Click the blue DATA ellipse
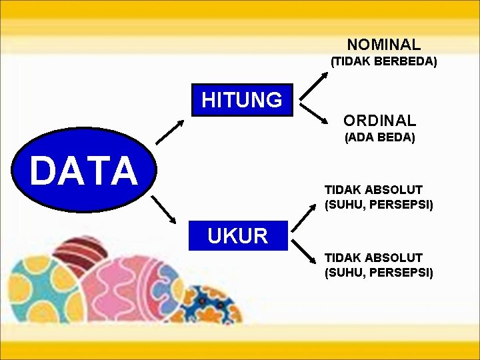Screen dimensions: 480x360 pyautogui.click(x=83, y=171)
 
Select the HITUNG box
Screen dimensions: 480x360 pyautogui.click(x=242, y=101)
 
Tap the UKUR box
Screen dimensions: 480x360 pyautogui.click(x=238, y=235)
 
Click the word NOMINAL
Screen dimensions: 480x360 pyautogui.click(x=383, y=45)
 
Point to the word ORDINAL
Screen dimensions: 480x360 pyautogui.click(x=379, y=121)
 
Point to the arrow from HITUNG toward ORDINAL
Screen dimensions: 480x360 pyautogui.click(x=314, y=114)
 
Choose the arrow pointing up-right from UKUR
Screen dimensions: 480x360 pyautogui.click(x=303, y=218)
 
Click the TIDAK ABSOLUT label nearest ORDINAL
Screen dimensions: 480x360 pyautogui.click(x=373, y=190)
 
